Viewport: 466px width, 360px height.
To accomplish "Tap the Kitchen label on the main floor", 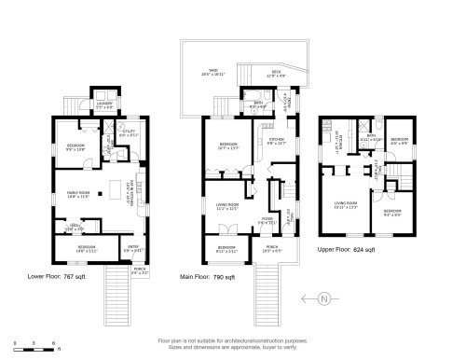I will pos(278,142).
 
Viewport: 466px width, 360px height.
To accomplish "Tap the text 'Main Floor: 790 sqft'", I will pos(207,277).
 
